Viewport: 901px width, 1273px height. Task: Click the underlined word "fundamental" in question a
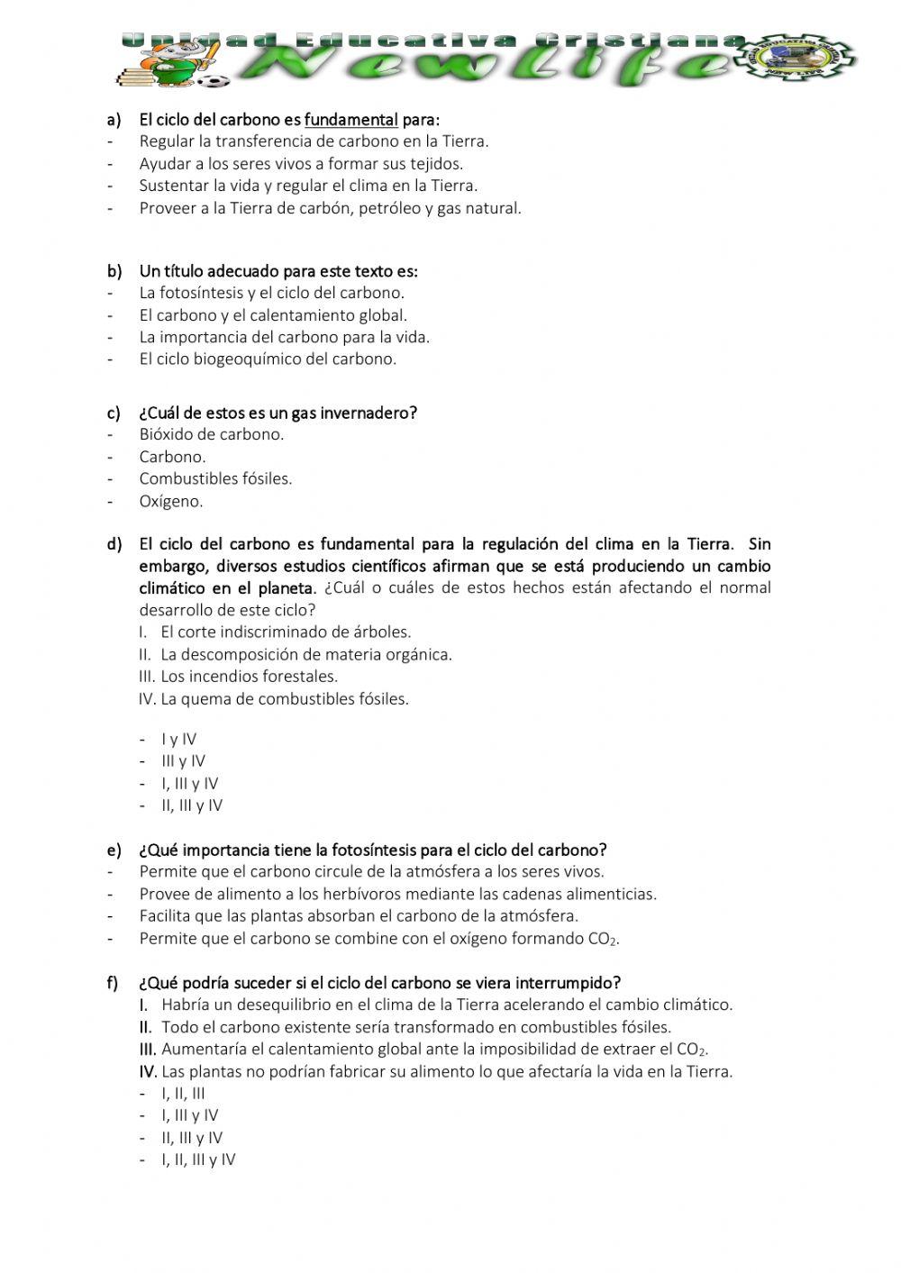point(350,120)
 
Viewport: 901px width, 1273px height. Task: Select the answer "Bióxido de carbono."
point(211,434)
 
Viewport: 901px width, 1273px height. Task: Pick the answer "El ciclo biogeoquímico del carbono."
point(268,359)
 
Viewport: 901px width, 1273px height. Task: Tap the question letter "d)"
point(114,544)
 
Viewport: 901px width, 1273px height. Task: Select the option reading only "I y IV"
point(178,739)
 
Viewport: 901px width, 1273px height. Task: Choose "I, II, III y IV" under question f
point(198,1159)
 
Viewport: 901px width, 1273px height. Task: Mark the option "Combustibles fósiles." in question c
point(215,478)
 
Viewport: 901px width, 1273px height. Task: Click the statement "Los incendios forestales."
point(249,677)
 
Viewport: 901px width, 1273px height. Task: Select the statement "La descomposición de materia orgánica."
point(306,654)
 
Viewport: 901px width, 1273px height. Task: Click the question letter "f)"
point(113,983)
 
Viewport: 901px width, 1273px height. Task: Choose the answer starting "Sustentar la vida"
point(308,186)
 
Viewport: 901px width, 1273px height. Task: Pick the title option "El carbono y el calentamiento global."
point(273,315)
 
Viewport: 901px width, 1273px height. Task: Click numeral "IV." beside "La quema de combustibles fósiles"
point(148,699)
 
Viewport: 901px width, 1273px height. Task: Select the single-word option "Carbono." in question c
point(172,457)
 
